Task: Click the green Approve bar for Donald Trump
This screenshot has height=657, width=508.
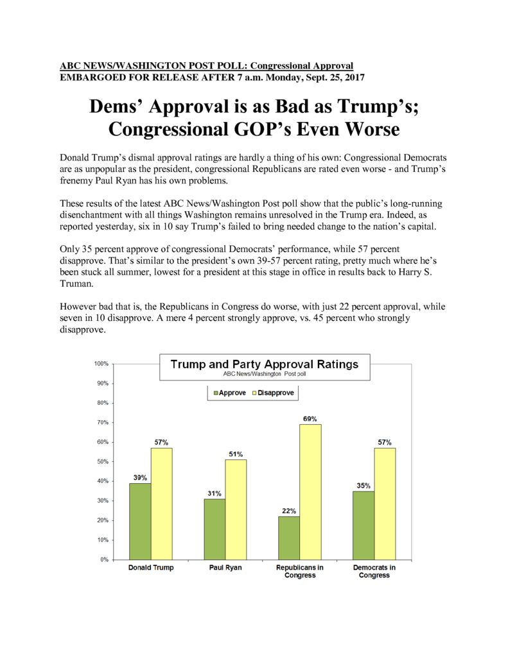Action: click(140, 521)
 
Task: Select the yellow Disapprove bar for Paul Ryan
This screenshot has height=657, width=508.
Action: click(236, 509)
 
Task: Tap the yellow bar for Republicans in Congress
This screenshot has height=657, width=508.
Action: click(310, 492)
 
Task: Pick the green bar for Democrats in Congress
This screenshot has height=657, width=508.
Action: click(363, 525)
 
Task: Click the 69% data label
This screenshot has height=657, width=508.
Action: click(310, 418)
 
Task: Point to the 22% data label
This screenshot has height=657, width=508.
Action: click(289, 511)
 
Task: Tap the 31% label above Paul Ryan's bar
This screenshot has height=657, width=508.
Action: click(215, 493)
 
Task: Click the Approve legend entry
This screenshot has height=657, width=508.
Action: click(230, 393)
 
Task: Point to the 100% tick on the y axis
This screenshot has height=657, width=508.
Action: click(101, 364)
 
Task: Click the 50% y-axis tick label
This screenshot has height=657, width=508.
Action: click(103, 461)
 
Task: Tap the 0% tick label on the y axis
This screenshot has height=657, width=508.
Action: click(105, 559)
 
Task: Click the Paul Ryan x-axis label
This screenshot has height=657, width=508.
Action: click(225, 567)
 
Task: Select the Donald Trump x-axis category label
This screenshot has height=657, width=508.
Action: click(151, 567)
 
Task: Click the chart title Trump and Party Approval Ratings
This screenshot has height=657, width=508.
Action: click(265, 364)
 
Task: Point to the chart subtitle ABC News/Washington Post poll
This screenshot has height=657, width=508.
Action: click(265, 374)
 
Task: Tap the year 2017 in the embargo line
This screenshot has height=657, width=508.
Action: click(355, 78)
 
